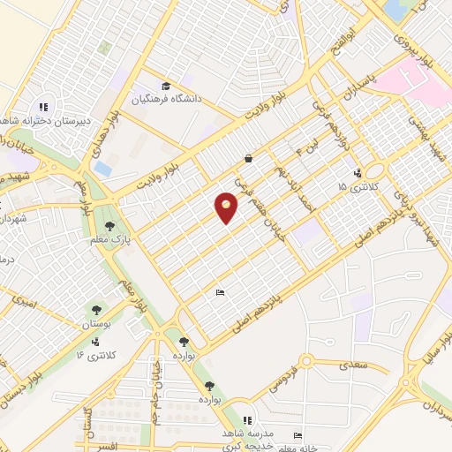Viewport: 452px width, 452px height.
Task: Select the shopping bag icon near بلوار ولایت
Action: point(250,159)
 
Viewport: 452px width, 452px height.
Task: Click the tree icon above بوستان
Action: point(94,309)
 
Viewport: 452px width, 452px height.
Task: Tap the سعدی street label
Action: point(357,363)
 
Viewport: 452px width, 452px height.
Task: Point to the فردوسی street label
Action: point(288,383)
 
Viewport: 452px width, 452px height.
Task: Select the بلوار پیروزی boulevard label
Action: point(414,36)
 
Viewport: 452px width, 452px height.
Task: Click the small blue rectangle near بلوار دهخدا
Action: point(103,166)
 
